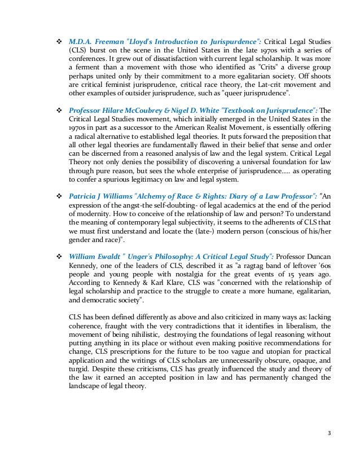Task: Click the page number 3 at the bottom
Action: [330, 434]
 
